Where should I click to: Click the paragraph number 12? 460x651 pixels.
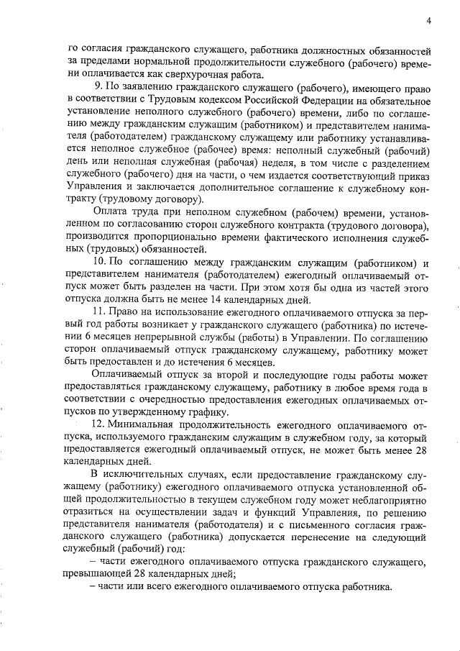(x=100, y=426)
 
